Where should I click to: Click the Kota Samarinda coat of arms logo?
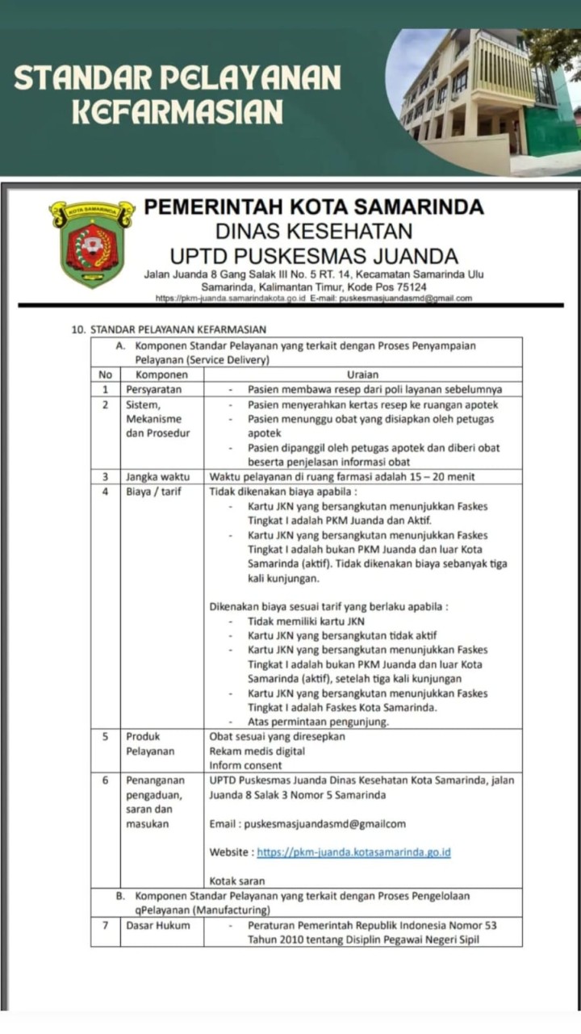(x=92, y=243)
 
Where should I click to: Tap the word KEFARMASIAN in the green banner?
(x=178, y=111)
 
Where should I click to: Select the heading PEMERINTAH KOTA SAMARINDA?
(x=314, y=207)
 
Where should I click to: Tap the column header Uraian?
(x=362, y=375)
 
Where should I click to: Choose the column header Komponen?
(x=161, y=375)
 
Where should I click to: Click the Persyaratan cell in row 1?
(x=153, y=389)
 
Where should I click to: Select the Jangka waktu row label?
(x=157, y=476)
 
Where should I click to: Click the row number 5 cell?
(x=105, y=736)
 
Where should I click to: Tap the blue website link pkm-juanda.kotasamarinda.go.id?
(x=353, y=852)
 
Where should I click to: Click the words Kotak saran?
(x=237, y=881)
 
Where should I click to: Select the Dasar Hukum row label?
(x=158, y=925)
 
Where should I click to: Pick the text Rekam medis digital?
(x=257, y=751)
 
